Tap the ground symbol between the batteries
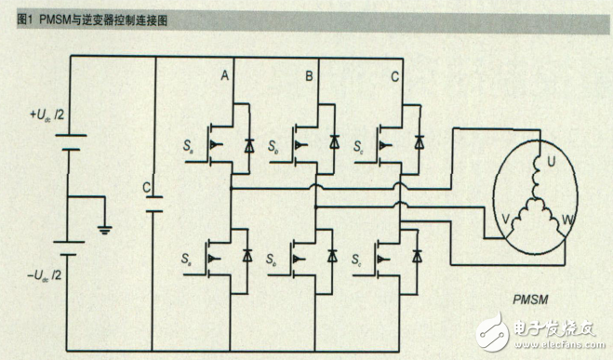[103, 227]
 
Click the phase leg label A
[224, 75]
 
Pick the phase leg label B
[308, 75]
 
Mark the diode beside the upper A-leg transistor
[247, 144]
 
